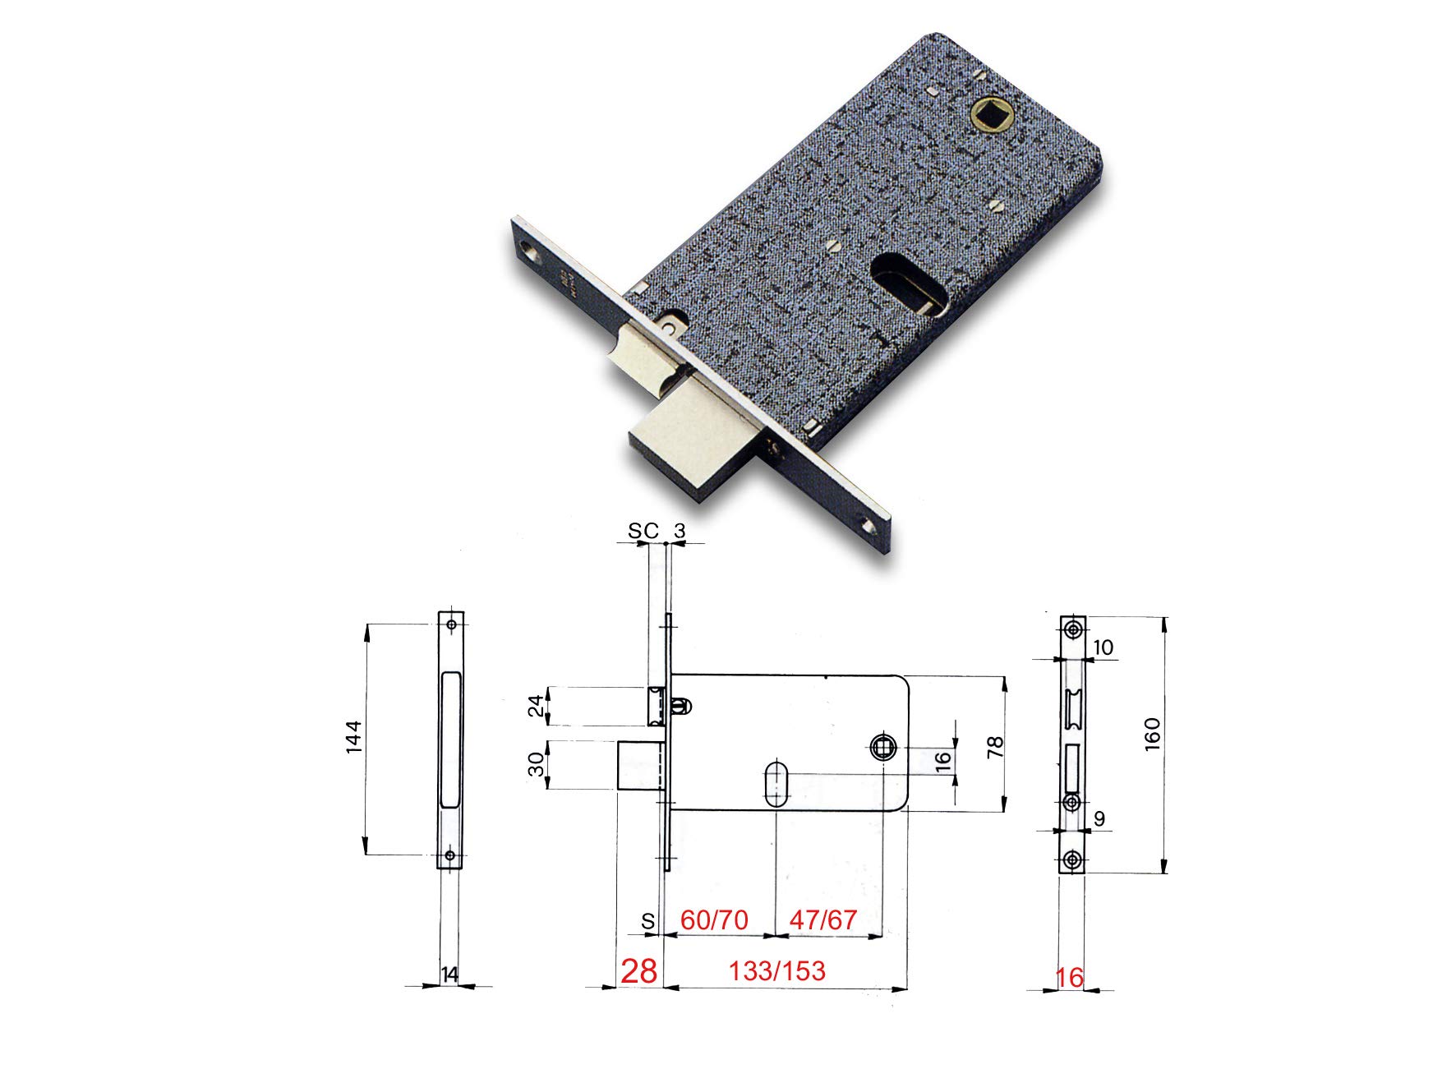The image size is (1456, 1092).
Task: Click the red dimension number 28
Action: click(638, 971)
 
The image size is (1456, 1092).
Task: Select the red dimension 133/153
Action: click(776, 971)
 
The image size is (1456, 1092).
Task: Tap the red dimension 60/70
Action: click(714, 919)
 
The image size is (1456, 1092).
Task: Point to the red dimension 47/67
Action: click(822, 919)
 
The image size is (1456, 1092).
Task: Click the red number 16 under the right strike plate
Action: click(1069, 977)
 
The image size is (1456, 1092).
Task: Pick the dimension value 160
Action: click(1152, 735)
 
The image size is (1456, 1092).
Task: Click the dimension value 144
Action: click(353, 737)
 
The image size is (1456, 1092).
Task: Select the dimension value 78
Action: click(995, 746)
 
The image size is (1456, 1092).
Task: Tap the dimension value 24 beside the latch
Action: click(536, 705)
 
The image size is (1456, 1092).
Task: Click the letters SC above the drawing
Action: click(643, 532)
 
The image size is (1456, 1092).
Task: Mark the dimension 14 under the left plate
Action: click(449, 975)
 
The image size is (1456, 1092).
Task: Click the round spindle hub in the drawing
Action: click(881, 748)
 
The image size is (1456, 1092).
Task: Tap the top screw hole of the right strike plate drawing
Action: click(1073, 629)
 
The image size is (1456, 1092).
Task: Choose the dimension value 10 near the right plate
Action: click(1104, 647)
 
